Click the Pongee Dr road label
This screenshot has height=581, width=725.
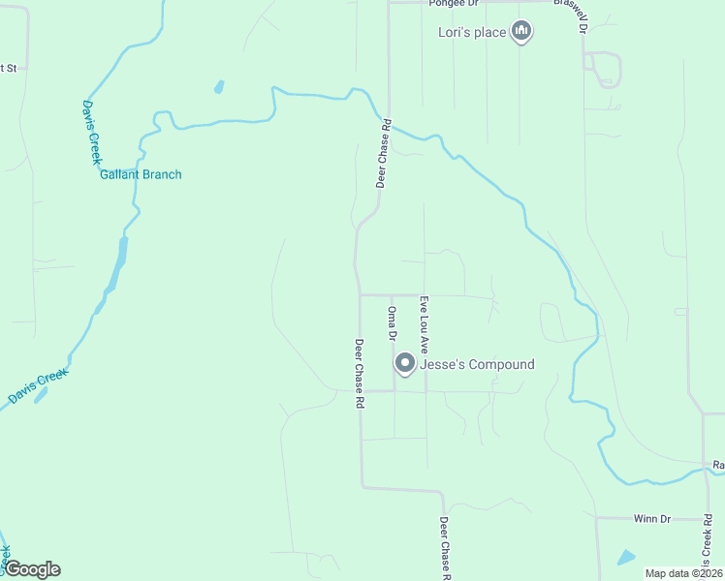tap(454, 4)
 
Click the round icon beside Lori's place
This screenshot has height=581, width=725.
tap(522, 33)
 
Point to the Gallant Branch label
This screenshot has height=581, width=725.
tap(141, 174)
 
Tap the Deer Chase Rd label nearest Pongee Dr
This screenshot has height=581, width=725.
tap(384, 153)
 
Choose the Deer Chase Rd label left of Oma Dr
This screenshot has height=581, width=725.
tap(359, 373)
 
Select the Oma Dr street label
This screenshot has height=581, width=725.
tap(392, 323)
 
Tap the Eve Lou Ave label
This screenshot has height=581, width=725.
tap(424, 323)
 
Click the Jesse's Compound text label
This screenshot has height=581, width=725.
tap(476, 365)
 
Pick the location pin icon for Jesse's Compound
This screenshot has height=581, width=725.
tap(405, 364)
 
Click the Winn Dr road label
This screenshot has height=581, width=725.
tap(652, 519)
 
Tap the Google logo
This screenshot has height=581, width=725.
tap(32, 569)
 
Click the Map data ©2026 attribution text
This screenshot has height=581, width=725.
tap(682, 573)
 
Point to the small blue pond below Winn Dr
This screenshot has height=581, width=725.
tap(626, 558)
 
